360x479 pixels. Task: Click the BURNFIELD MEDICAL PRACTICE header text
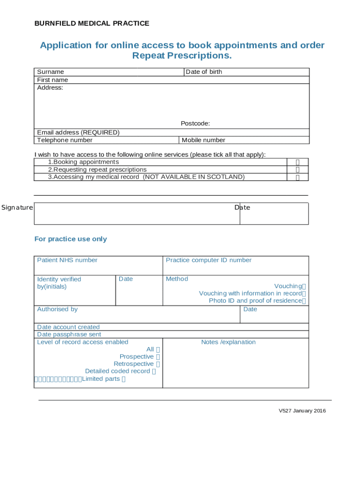92,23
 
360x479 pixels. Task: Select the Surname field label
50,72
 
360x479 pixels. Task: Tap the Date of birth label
204,72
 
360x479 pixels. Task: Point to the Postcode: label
195,123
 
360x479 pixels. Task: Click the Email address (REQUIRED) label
78,132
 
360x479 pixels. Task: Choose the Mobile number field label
203,140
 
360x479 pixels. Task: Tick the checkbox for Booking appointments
297,162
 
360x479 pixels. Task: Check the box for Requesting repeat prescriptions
297,170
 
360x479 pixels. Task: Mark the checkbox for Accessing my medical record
297,177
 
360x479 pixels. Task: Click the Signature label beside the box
17,208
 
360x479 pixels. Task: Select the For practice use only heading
71,239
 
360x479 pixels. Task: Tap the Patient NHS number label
67,260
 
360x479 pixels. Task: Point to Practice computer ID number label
209,260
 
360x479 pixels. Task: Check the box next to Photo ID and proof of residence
304,301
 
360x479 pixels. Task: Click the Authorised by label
58,309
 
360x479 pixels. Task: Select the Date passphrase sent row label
69,334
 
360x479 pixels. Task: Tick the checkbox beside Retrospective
158,364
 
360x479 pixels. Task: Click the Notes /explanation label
228,342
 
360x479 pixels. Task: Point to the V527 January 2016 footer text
302,411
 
